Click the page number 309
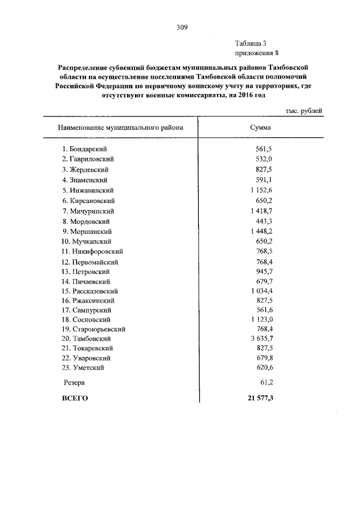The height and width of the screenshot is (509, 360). (x=181, y=27)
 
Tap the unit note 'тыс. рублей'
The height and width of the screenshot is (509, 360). (x=304, y=111)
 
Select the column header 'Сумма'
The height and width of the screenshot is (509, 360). (x=260, y=128)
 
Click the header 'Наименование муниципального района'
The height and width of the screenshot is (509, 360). (x=120, y=128)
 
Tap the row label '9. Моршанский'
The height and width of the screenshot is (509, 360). (x=87, y=231)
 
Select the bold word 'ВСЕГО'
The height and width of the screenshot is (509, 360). (x=74, y=398)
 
